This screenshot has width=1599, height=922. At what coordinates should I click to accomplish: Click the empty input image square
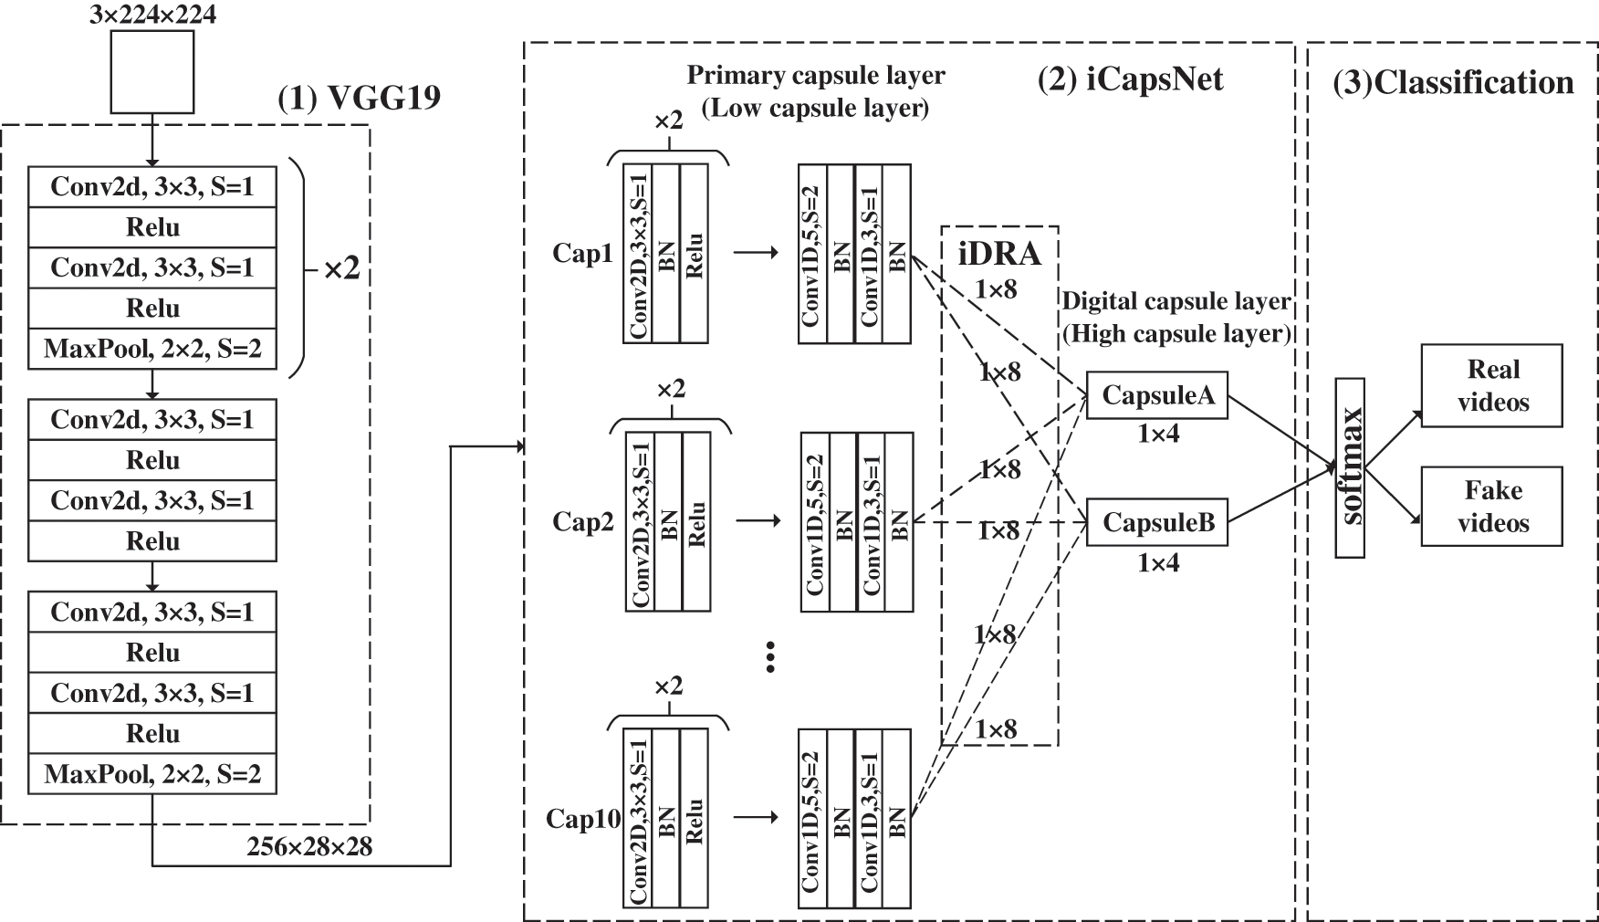(x=152, y=71)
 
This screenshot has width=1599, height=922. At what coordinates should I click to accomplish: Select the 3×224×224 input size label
(x=152, y=15)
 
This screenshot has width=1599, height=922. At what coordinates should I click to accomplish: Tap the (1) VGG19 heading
(x=359, y=98)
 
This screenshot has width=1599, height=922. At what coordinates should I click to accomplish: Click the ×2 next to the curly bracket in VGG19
(x=342, y=268)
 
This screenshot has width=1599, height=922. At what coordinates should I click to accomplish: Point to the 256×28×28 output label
(x=309, y=846)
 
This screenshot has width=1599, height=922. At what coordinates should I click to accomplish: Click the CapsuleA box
(x=1157, y=395)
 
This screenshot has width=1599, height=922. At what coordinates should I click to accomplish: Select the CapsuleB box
(x=1157, y=522)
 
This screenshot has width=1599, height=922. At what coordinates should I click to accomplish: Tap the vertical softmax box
(x=1350, y=467)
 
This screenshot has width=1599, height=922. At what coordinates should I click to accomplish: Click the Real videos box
(x=1491, y=385)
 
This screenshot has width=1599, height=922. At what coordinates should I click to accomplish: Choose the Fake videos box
(x=1491, y=507)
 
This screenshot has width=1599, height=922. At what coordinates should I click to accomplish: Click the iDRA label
(x=999, y=253)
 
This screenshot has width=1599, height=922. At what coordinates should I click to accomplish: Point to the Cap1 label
(x=582, y=253)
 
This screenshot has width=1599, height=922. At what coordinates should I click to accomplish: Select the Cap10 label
(x=583, y=819)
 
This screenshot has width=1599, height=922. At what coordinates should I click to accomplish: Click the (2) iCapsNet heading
(x=1130, y=79)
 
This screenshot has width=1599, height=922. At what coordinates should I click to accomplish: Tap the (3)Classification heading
(x=1453, y=82)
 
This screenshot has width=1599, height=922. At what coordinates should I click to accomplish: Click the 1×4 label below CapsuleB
(x=1157, y=563)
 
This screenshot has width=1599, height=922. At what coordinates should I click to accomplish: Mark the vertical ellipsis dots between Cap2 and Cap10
(x=770, y=656)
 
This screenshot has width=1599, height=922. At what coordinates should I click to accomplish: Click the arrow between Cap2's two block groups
(x=758, y=521)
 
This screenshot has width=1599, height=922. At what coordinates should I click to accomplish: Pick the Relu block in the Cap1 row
(x=694, y=254)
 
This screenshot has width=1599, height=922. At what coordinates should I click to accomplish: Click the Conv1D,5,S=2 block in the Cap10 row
(x=812, y=818)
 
